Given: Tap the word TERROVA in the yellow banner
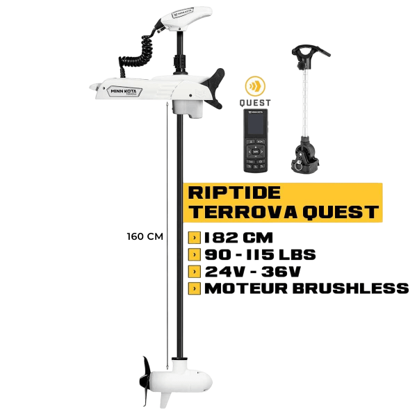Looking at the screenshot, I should pos(238,211).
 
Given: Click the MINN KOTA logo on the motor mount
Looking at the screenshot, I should pos(124,89).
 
